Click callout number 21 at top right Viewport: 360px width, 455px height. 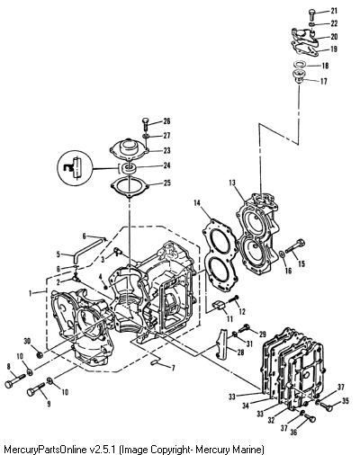pos(334,11)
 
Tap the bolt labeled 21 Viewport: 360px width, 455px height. pos(311,14)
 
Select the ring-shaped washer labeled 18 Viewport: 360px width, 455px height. pos(299,64)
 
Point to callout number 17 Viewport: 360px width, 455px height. pos(324,81)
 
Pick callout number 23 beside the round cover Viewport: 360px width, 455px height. pos(166,150)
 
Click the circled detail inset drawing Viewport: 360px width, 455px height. pos(75,169)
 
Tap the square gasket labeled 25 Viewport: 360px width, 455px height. pos(130,188)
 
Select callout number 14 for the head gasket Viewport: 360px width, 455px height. pos(197,203)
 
